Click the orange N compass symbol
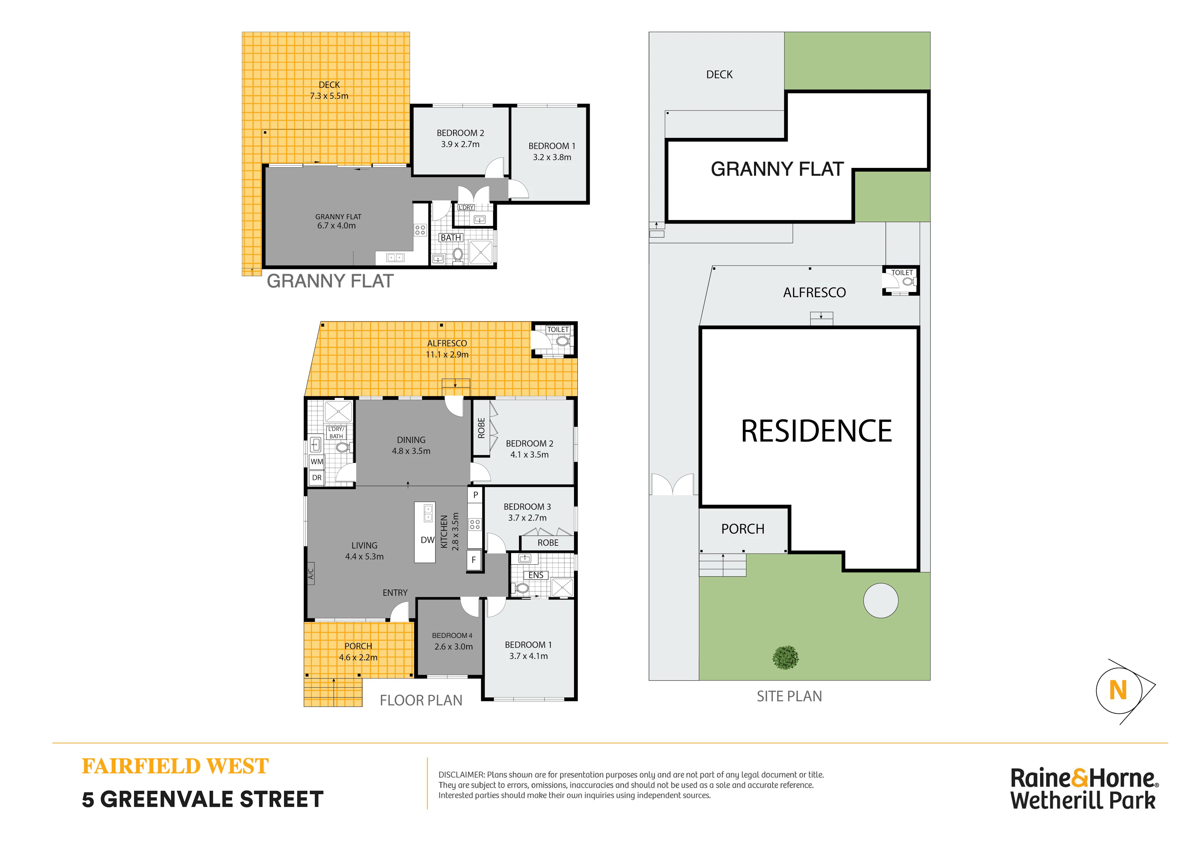[x=1118, y=690]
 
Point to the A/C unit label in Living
[x=311, y=574]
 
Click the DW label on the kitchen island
[x=428, y=540]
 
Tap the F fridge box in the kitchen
[x=474, y=560]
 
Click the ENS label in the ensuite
[x=536, y=575]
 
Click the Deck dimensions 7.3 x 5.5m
[x=329, y=96]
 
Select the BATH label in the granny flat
[x=451, y=238]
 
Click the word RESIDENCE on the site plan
[x=816, y=431]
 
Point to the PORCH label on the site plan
[x=743, y=529]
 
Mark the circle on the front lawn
[x=881, y=601]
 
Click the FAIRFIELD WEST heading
[x=175, y=767]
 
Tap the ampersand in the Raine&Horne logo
[x=1080, y=778]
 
